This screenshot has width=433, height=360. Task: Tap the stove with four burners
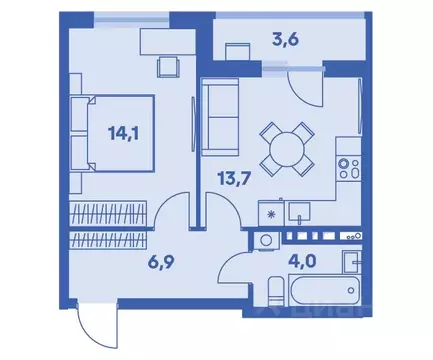[348, 172]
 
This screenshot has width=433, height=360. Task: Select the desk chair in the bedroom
[167, 67]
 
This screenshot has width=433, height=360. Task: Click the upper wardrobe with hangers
[108, 212]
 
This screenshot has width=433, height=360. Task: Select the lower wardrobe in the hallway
[108, 240]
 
